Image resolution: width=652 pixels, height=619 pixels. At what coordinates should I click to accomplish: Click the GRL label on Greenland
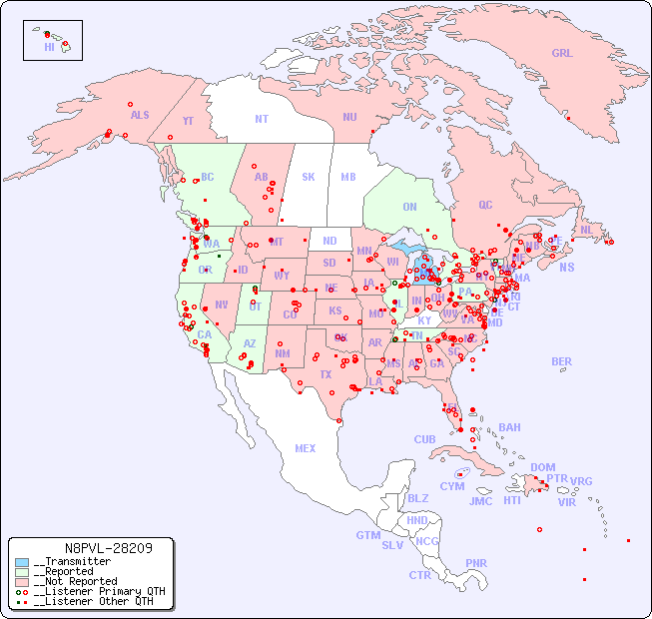(562, 54)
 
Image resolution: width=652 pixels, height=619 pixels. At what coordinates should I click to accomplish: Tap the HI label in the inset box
(49, 47)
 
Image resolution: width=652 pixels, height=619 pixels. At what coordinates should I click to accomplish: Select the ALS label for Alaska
(140, 115)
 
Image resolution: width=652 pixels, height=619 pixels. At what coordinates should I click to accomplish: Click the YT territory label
(188, 121)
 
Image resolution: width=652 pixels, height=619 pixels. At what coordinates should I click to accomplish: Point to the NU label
(349, 117)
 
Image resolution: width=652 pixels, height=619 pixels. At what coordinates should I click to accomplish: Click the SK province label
(309, 177)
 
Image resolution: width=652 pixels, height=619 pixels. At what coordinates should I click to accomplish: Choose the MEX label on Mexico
(306, 448)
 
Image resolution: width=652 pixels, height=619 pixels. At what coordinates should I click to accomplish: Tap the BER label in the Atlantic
(561, 361)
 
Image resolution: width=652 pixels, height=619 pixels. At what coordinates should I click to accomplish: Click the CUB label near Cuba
(424, 439)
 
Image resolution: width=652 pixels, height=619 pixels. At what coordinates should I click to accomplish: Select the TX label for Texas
(326, 374)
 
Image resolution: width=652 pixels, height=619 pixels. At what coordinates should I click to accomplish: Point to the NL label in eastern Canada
(586, 230)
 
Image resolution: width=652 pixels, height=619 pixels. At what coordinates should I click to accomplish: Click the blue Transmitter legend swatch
(22, 562)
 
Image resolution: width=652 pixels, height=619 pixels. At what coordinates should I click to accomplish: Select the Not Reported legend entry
(75, 581)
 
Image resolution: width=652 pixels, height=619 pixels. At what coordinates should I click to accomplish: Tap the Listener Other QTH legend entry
(90, 601)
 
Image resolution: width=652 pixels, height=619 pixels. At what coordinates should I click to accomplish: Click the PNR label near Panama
(476, 563)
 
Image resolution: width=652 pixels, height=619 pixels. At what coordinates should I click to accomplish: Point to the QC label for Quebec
(485, 205)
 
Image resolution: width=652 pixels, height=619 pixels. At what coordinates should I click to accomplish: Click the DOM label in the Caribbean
(542, 467)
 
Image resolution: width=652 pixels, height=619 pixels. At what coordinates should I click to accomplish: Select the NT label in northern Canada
(262, 118)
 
